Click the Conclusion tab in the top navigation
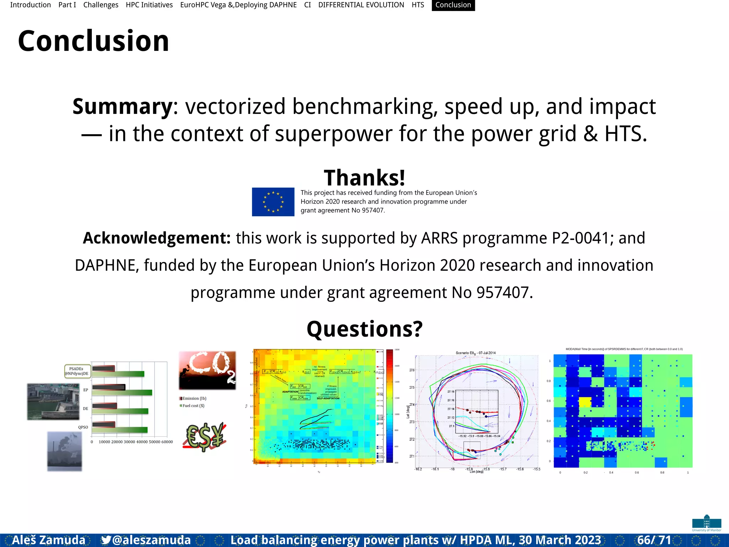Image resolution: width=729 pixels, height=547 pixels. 453,5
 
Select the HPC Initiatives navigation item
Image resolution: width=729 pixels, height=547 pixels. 149,5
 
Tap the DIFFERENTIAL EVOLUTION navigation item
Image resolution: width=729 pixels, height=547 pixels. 361,5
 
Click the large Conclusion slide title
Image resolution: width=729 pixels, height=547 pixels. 94,41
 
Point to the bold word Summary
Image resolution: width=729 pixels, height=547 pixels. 122,106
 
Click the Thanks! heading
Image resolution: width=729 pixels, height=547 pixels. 364,177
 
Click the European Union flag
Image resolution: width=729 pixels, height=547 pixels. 273,202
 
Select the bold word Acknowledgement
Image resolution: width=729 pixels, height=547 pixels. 157,238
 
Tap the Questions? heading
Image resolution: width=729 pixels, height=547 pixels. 364,329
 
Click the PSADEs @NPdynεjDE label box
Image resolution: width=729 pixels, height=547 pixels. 77,371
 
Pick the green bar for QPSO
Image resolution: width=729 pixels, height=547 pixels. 120,429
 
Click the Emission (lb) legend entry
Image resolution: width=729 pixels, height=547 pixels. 193,398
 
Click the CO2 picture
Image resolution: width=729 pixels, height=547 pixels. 207,370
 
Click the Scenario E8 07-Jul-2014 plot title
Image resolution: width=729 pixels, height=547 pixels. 476,353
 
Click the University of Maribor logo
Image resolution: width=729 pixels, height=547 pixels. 707,523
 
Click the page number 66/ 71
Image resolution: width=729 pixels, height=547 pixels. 654,540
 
